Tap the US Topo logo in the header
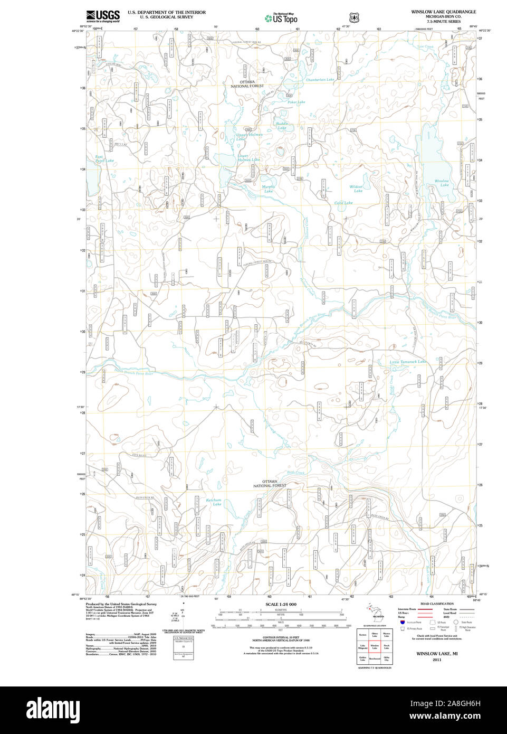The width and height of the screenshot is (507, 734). (281, 18)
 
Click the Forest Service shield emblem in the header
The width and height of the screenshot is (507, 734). (354, 18)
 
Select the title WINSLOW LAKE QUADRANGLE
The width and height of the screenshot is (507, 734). (443, 12)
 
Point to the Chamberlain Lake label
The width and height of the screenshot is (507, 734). (320, 80)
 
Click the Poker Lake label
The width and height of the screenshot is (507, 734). (296, 102)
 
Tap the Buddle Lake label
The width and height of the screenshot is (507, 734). (282, 126)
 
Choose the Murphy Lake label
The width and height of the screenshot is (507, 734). (269, 189)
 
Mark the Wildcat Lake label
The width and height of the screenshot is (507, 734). (357, 189)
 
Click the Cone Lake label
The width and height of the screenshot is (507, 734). (343, 203)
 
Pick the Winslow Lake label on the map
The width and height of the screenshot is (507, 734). (442, 183)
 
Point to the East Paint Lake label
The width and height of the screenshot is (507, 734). (104, 158)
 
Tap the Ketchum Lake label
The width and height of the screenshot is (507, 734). (214, 502)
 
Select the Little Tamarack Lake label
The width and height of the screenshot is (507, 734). (407, 362)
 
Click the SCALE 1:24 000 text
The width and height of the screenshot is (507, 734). (281, 604)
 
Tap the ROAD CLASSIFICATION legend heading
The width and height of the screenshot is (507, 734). (437, 604)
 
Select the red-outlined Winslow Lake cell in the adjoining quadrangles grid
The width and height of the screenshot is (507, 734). (375, 647)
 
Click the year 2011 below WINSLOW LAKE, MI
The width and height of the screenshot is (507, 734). (436, 660)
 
